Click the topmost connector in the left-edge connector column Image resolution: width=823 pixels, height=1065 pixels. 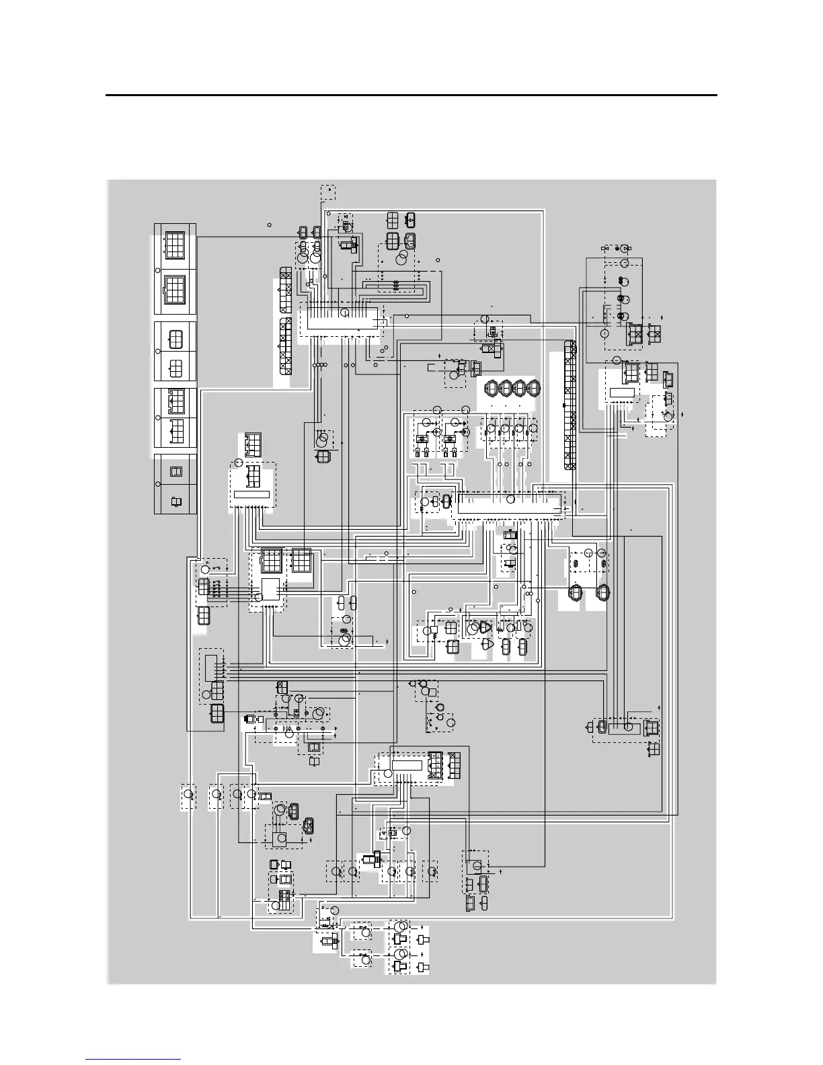(x=175, y=243)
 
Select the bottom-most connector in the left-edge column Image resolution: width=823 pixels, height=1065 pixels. (x=175, y=501)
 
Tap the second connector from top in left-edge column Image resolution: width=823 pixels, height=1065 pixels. (x=175, y=290)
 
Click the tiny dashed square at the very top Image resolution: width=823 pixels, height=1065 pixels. (x=328, y=192)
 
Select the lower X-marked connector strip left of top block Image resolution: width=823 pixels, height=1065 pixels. (x=286, y=347)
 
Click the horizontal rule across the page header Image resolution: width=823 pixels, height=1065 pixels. (x=412, y=95)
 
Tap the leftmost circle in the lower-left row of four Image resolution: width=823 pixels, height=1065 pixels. (x=189, y=795)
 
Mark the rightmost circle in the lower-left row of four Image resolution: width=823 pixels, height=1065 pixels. (x=251, y=795)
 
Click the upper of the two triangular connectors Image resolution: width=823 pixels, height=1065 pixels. (x=486, y=627)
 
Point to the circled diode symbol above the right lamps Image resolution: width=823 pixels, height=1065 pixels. (x=624, y=249)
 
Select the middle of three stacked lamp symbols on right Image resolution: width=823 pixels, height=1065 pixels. (x=623, y=299)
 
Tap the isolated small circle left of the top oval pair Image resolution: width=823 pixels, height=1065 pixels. (x=269, y=225)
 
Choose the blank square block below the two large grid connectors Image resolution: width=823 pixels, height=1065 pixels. (x=270, y=588)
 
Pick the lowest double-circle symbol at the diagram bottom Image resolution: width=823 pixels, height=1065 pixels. (x=400, y=955)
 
